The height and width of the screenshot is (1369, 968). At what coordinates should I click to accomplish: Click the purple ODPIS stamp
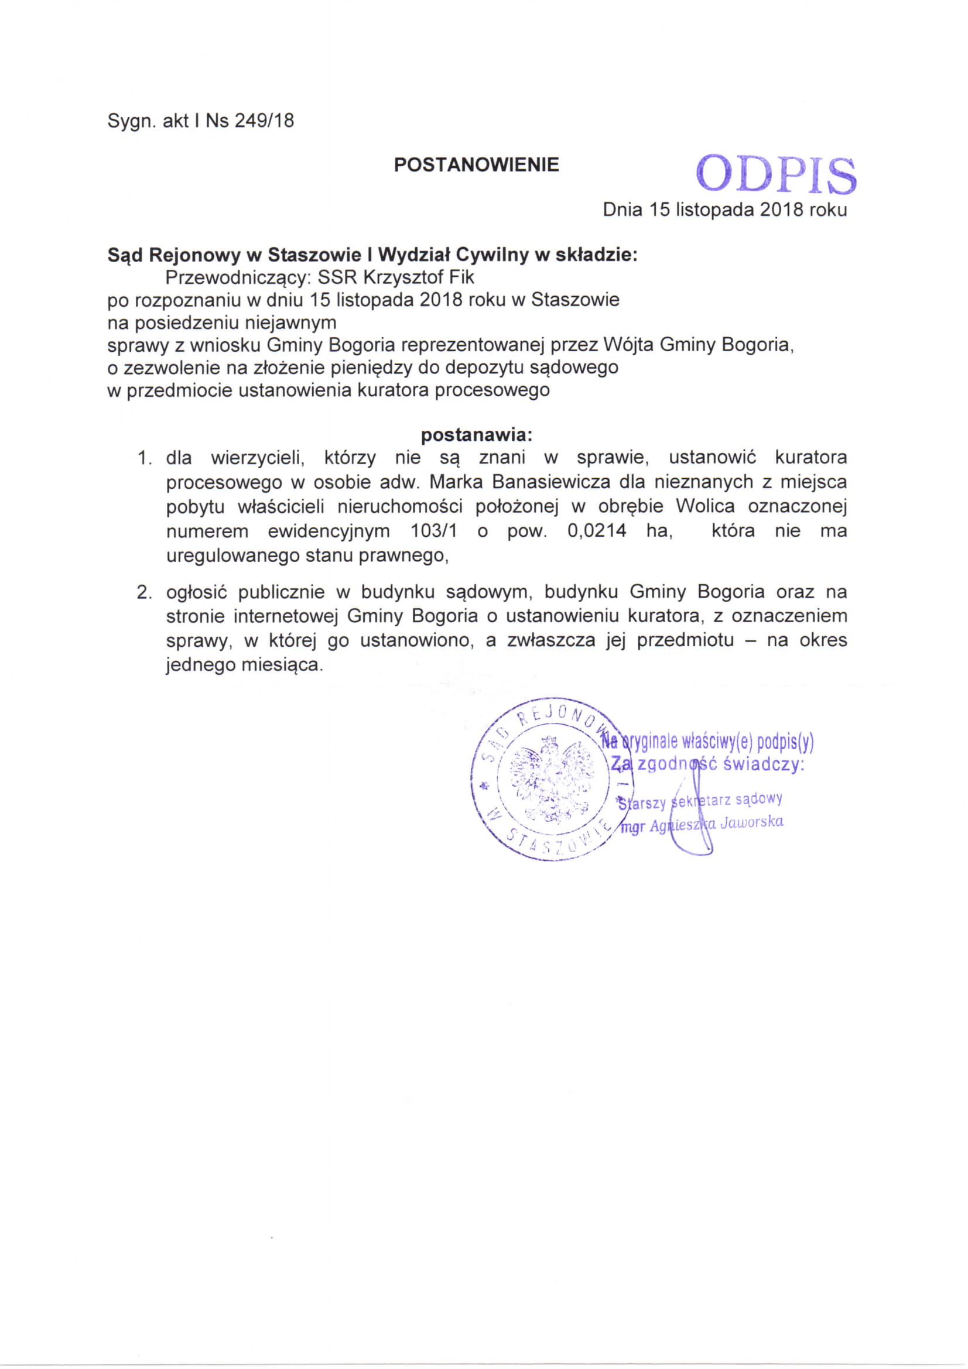(x=776, y=174)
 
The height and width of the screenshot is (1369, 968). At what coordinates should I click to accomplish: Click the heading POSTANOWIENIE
(x=476, y=165)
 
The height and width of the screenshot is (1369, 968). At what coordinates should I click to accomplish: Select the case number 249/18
(x=264, y=121)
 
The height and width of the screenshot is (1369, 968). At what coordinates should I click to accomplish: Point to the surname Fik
(x=463, y=277)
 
